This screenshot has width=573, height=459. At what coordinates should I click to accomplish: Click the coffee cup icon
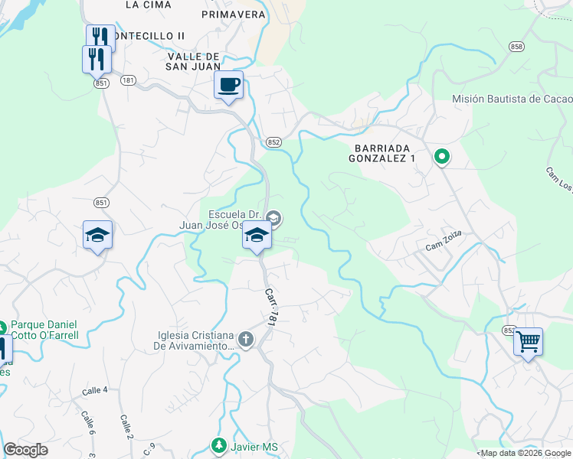(228, 84)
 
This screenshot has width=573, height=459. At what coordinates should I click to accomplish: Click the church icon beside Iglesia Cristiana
(245, 339)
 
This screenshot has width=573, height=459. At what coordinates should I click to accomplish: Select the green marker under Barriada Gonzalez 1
(442, 158)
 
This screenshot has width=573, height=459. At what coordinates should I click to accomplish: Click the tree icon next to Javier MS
(219, 445)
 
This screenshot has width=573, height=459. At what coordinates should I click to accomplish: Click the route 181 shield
(128, 80)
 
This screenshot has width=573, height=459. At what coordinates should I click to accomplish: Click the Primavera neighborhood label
(234, 14)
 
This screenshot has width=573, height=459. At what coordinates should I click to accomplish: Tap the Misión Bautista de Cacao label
(512, 99)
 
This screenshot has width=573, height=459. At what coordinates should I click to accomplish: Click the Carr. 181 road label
(270, 308)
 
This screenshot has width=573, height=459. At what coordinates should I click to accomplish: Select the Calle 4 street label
(95, 391)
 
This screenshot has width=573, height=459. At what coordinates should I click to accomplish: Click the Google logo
(25, 450)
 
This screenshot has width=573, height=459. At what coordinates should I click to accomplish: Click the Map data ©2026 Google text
(525, 454)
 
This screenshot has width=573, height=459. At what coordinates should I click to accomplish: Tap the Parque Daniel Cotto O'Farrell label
(44, 330)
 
